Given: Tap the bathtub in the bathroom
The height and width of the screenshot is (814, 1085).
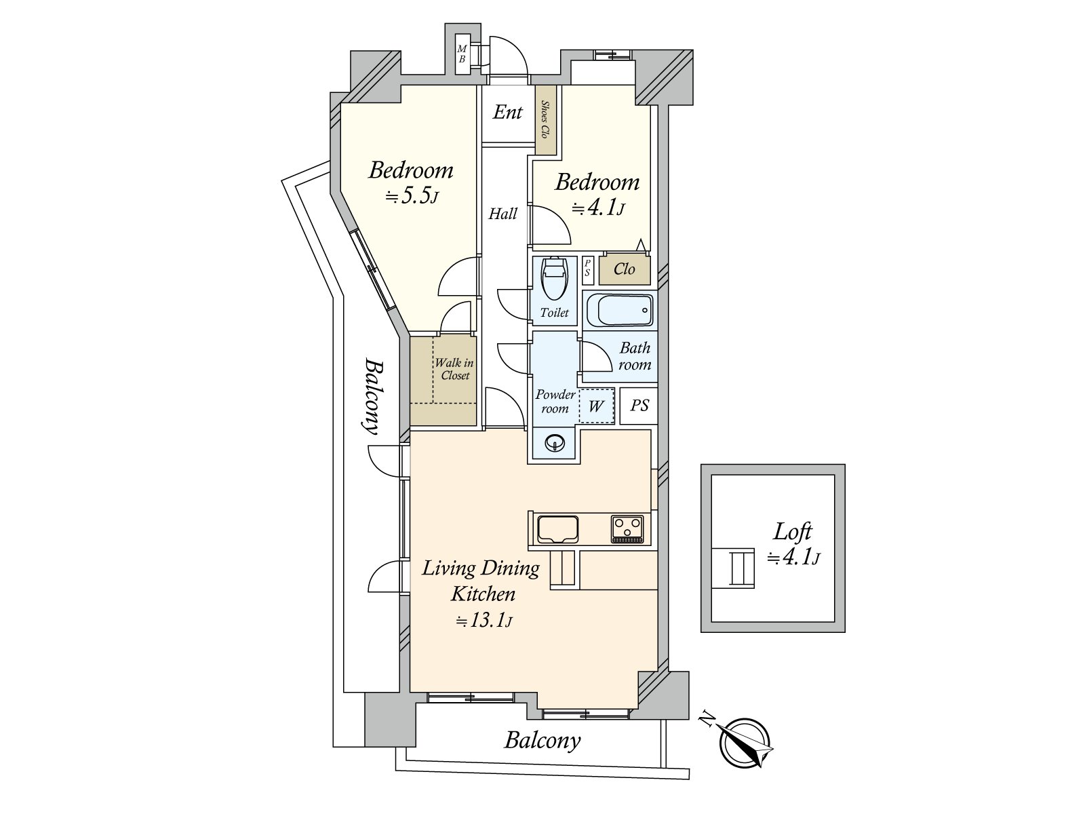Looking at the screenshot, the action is (x=619, y=310).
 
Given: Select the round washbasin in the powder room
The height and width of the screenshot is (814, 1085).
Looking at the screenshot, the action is (x=555, y=444).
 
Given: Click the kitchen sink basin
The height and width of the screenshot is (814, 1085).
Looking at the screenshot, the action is (x=557, y=530).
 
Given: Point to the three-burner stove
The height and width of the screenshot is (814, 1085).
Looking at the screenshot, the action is (x=627, y=529).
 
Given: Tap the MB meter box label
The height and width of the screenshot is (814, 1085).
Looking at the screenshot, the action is (x=462, y=54).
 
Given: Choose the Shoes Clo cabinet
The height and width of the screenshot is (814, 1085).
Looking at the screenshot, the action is (x=546, y=119).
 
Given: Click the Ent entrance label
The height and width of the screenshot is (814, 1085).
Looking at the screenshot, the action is (x=507, y=112).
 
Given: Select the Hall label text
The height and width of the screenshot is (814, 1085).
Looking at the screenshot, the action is (x=502, y=214).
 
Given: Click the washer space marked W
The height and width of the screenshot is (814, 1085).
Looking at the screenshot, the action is (x=596, y=406).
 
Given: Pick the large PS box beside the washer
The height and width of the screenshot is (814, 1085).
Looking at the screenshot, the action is (x=639, y=406).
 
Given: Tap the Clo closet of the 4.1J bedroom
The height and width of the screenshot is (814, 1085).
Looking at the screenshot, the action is (x=625, y=270).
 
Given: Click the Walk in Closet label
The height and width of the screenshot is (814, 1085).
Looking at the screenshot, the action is (x=454, y=369).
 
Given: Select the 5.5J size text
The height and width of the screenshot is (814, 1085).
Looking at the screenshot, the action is (x=411, y=196).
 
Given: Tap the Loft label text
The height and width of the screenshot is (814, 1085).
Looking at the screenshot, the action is (x=793, y=532).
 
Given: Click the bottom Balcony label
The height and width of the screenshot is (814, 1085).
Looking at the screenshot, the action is (x=542, y=741).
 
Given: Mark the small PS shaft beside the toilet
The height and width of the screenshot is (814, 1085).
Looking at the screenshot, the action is (x=587, y=271).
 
